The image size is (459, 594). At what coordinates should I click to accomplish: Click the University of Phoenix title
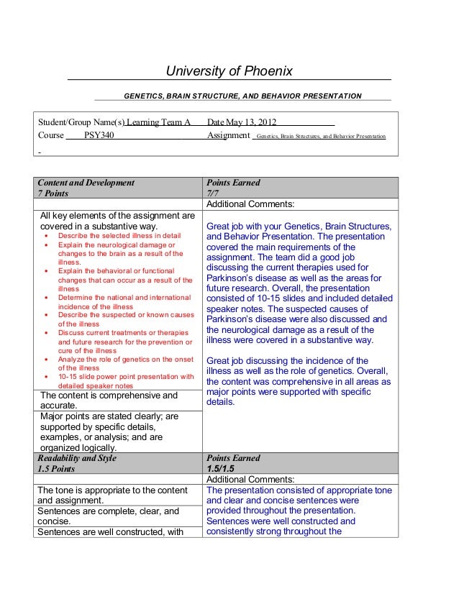tap(229, 71)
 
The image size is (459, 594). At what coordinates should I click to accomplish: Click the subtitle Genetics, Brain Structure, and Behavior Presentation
tap(243, 96)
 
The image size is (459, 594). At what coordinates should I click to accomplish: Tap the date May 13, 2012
tap(246, 122)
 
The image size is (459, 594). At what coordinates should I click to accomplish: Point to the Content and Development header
tap(86, 183)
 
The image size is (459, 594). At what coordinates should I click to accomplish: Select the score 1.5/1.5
tap(220, 469)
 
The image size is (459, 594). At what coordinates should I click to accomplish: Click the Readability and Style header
tap(77, 458)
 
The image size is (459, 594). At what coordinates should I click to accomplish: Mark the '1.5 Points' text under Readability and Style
tap(57, 469)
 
